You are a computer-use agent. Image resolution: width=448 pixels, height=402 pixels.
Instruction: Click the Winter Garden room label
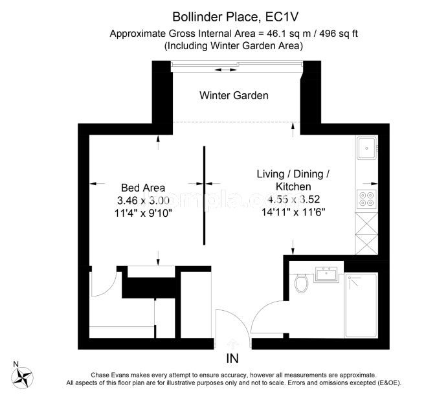click(234, 95)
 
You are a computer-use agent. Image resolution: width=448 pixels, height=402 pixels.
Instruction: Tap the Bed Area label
click(143, 188)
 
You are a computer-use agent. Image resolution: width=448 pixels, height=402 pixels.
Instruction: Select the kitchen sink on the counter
click(366, 148)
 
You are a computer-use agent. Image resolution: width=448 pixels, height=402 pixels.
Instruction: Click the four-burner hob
click(366, 199)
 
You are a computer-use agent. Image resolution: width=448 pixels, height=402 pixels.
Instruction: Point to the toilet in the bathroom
click(301, 283)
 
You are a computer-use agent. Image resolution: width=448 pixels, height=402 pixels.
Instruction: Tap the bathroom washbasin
click(326, 274)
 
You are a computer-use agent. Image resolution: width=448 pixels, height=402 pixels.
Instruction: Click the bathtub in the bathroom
click(361, 306)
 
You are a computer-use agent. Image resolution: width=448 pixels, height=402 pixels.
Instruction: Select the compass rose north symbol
click(22, 377)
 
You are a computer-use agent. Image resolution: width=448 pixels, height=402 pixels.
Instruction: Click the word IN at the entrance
click(232, 359)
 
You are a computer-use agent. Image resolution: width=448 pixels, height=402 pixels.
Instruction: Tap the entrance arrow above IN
click(233, 344)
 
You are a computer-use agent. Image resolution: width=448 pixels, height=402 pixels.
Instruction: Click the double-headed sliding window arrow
click(225, 70)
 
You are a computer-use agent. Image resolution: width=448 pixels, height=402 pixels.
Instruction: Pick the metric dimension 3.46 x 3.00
click(143, 200)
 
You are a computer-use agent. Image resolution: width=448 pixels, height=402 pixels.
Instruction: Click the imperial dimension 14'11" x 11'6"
click(293, 212)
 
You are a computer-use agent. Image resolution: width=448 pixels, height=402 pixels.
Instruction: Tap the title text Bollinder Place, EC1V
click(236, 17)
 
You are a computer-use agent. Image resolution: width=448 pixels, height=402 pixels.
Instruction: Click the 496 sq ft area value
click(339, 34)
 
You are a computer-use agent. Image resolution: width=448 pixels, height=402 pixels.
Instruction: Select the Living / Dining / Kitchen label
click(293, 180)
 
